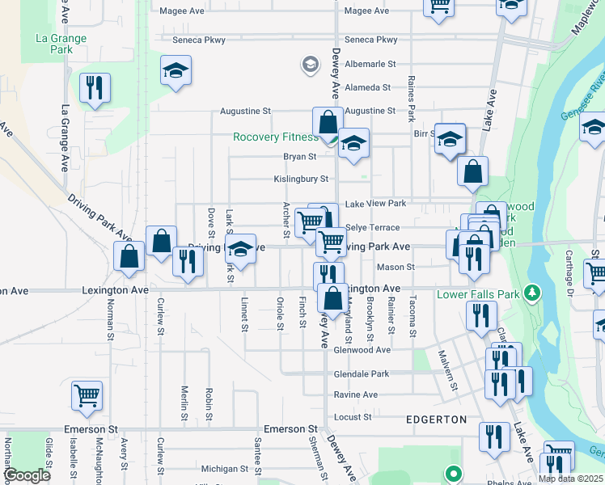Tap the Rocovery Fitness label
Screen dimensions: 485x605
275,137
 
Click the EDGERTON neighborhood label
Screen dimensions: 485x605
437,420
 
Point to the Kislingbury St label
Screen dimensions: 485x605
300,179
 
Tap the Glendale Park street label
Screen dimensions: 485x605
361,374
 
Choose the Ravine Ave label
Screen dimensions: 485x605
356,394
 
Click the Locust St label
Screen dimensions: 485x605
352,417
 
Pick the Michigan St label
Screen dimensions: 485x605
224,469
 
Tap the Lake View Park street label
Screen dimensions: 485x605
375,204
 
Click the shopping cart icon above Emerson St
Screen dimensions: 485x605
87,395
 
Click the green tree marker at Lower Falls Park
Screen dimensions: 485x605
531,291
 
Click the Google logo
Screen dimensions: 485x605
27,475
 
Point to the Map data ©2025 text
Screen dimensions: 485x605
570,479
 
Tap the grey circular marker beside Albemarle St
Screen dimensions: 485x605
309,63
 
